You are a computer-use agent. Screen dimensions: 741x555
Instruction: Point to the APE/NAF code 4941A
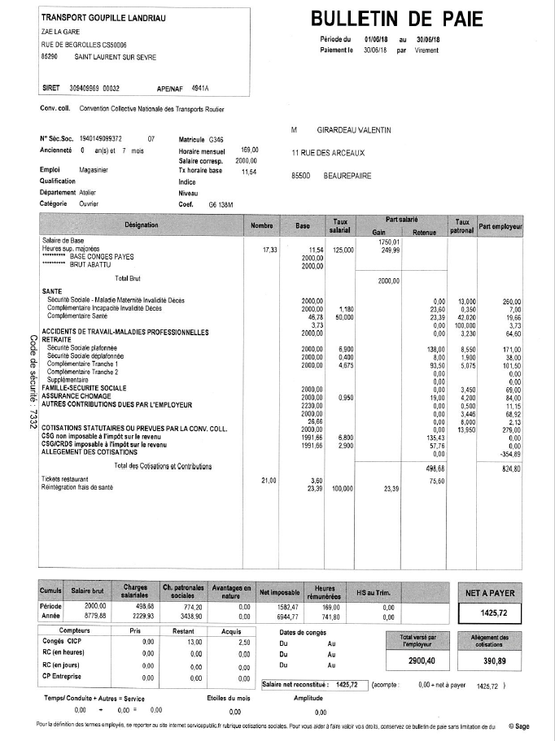(x=200, y=88)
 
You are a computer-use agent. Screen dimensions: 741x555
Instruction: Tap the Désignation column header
(x=142, y=224)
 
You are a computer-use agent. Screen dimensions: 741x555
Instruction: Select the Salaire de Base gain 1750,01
(x=390, y=242)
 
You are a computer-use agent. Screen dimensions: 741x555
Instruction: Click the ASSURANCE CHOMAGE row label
(x=79, y=395)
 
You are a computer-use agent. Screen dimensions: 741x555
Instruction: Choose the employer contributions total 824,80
(x=512, y=469)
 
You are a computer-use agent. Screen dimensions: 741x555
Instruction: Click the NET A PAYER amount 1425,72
(x=494, y=612)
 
